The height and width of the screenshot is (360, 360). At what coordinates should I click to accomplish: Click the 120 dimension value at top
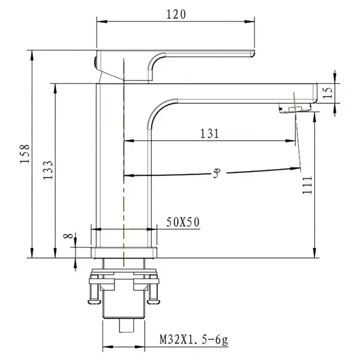coord(176,14)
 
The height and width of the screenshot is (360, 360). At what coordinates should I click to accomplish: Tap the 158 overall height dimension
coord(25,154)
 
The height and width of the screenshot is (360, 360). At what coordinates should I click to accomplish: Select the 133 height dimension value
coord(48,170)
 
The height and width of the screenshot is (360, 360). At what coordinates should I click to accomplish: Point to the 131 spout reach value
coord(209,134)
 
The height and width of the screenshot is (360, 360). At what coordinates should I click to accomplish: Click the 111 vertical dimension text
coord(308,185)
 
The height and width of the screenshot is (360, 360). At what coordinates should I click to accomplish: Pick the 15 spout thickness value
coord(328,93)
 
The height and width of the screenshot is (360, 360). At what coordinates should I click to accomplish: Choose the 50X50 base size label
coord(183,222)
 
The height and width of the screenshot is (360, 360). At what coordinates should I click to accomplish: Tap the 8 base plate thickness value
coord(68,236)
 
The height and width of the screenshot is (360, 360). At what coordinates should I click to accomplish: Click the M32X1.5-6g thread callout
coord(194,340)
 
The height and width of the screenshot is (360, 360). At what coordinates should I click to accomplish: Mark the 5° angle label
coord(217,173)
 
